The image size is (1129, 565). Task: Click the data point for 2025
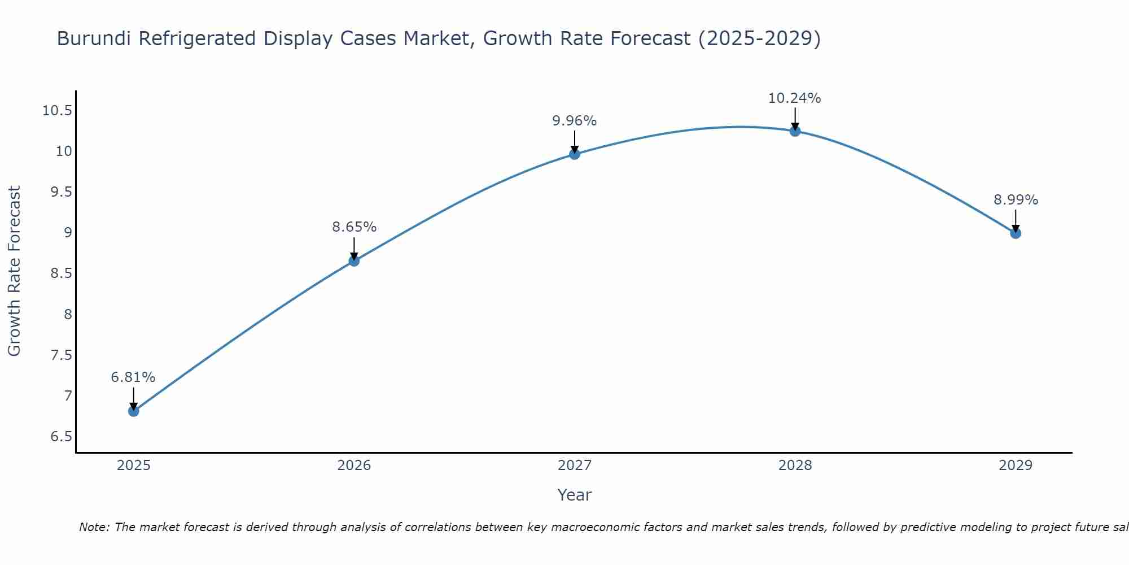coord(134,411)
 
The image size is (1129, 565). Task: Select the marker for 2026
coord(354,260)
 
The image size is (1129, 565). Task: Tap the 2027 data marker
coord(575,154)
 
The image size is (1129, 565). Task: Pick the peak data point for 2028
coord(795,131)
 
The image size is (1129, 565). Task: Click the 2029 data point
coord(1016,233)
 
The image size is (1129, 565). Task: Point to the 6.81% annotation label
coord(133,377)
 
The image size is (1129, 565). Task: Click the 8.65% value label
coord(354,227)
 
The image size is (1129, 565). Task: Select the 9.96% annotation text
coord(574,121)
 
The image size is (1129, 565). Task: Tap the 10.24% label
coord(794,98)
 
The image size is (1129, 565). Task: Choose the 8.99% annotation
coord(1016,200)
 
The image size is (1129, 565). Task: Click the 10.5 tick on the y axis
coord(57,111)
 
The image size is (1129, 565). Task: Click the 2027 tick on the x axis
coord(575,466)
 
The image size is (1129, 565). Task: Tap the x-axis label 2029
coord(1016,466)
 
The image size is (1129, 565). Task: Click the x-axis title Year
coord(574,495)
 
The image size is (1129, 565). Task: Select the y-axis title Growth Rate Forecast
coord(14,271)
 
